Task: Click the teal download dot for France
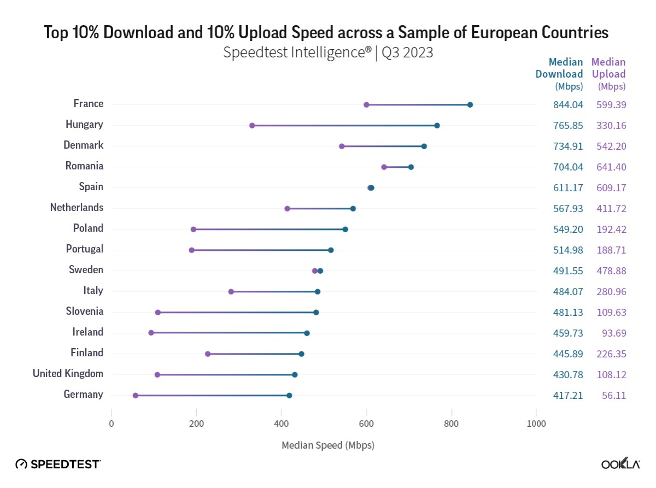(470, 105)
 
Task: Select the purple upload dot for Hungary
(252, 126)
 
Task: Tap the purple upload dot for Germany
(136, 396)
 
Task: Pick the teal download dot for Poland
(345, 230)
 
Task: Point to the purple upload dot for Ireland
(151, 333)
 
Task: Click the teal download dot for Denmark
(424, 146)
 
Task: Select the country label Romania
(84, 166)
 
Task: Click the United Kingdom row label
(68, 373)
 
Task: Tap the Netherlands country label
(77, 207)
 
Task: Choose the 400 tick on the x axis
(282, 423)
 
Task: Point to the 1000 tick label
(536, 423)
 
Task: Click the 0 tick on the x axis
(112, 423)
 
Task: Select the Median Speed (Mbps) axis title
(328, 445)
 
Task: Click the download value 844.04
(568, 104)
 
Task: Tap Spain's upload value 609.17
(612, 187)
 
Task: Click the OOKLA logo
(620, 465)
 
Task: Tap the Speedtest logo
(58, 465)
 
